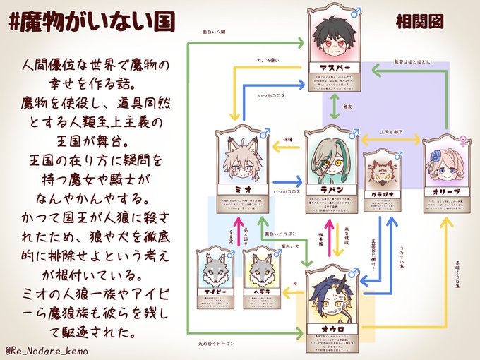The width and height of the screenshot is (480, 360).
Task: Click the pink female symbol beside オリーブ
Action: tap(463, 139)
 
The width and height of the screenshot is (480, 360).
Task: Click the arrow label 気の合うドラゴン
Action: tap(218, 343)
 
